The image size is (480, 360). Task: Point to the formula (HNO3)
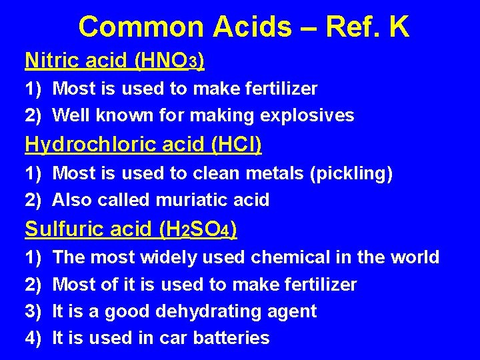(169, 61)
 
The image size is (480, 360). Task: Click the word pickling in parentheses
(349, 174)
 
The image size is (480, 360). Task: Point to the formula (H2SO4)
(198, 230)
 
